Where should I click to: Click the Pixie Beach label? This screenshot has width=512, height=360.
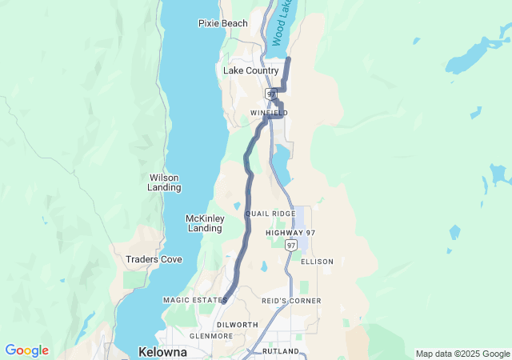222,23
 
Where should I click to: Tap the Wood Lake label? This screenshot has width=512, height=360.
279,22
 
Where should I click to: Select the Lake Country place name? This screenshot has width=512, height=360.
250,70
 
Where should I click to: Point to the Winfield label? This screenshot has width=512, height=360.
269,113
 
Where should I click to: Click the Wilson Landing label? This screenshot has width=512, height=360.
164,182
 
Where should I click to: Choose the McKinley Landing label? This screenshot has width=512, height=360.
204,223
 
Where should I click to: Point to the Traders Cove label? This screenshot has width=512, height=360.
154,259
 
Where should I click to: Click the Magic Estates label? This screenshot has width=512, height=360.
195,300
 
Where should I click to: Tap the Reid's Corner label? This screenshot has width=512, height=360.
291,301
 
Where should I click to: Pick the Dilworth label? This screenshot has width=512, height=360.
238,324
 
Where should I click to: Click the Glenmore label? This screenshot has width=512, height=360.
210,336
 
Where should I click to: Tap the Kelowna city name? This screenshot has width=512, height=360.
162,352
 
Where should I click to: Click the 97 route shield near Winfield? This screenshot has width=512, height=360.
271,94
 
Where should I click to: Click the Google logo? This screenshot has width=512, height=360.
27,350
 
